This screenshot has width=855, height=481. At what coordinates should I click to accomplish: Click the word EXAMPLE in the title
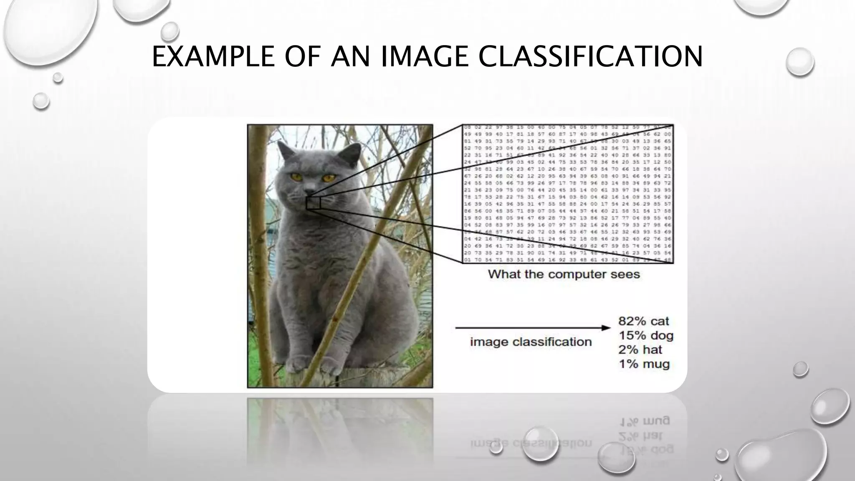[213, 57]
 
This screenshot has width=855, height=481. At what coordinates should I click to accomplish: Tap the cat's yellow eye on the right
[328, 178]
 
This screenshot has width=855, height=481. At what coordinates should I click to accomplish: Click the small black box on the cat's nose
[313, 203]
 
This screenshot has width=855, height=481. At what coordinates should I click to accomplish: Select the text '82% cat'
[643, 321]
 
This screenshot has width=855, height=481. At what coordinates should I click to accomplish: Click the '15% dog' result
[646, 335]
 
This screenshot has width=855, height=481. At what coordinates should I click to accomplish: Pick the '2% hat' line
[640, 349]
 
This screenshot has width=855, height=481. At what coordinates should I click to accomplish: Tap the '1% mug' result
[644, 364]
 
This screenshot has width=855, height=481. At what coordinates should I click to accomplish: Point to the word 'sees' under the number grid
[626, 274]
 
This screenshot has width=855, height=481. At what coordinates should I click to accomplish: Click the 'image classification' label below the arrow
[531, 342]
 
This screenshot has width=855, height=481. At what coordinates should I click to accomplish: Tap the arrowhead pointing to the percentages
[606, 328]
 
